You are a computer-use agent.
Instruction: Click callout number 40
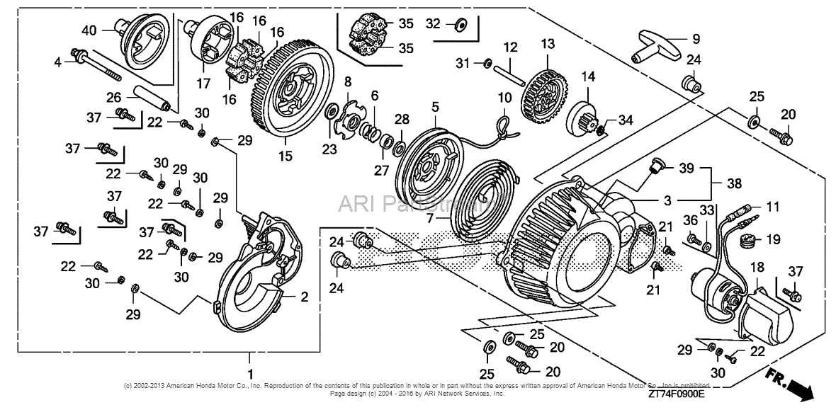tap(89, 30)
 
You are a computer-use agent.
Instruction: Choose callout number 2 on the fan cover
tap(304, 297)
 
